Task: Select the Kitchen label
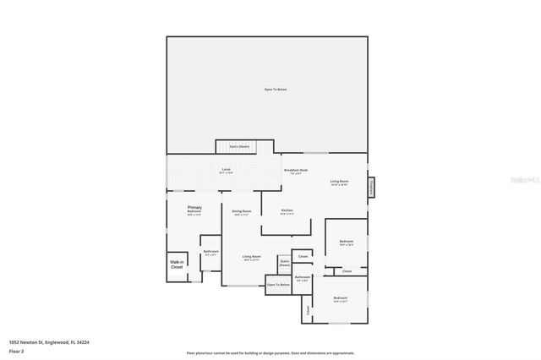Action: point(287,210)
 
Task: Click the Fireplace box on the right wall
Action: point(371,188)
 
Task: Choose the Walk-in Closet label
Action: point(177,264)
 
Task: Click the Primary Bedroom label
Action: point(194,210)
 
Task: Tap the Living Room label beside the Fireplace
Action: point(339,183)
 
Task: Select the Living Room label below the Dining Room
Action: point(252,258)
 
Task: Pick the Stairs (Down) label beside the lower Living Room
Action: point(284,264)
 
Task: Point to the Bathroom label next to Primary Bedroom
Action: point(211,253)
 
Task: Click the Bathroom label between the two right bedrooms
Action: point(303,278)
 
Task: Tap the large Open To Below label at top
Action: point(275,89)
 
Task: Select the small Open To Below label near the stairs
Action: point(278,286)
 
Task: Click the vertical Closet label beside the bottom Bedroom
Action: point(309,310)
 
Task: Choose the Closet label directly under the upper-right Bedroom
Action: point(347,271)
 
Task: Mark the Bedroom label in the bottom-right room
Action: point(340,299)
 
